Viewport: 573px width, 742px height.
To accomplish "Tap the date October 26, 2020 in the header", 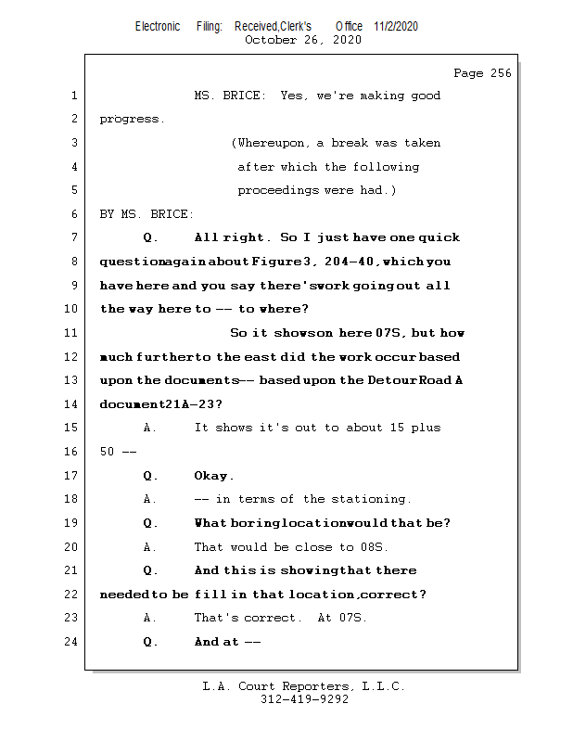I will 303,40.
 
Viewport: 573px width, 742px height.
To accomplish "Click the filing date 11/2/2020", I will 396,26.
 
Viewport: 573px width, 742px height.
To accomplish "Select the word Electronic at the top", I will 158,26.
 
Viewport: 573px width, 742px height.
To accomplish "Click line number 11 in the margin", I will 73,333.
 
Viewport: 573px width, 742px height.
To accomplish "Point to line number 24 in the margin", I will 73,642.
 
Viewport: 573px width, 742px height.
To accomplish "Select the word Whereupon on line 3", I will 274,143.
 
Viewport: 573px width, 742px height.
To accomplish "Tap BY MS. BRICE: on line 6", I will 146,214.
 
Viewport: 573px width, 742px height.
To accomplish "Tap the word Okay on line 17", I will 211,476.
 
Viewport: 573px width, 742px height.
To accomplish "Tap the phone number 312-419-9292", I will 304,700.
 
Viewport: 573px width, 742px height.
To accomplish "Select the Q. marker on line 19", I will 150,523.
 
